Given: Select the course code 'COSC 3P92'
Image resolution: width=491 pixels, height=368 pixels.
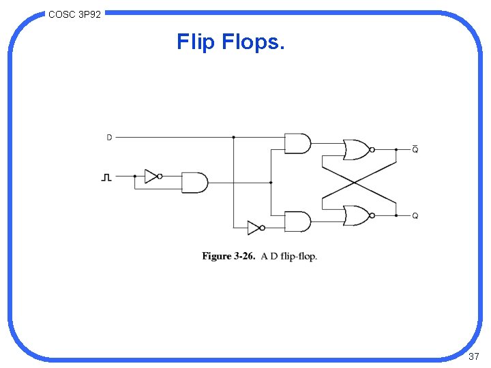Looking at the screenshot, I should pyautogui.click(x=75, y=14).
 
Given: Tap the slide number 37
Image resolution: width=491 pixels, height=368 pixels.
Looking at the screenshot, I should pyautogui.click(x=474, y=357).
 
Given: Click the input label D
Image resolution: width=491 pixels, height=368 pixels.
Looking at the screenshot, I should pyautogui.click(x=109, y=138).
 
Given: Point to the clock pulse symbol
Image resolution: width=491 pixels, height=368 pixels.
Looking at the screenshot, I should pyautogui.click(x=106, y=177).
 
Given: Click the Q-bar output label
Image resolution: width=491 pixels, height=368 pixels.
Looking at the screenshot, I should pyautogui.click(x=415, y=149).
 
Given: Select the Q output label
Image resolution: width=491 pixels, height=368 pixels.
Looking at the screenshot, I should pyautogui.click(x=415, y=216).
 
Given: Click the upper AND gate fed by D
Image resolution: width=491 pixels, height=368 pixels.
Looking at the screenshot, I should pyautogui.click(x=297, y=143).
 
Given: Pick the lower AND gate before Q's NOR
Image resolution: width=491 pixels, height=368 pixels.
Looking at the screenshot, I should pyautogui.click(x=297, y=221).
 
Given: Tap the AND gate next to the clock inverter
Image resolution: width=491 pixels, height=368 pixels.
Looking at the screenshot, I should pyautogui.click(x=194, y=183).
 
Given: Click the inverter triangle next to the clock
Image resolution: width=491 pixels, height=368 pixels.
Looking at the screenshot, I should pyautogui.click(x=151, y=177).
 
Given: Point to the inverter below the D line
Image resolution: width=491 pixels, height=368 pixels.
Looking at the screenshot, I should pyautogui.click(x=254, y=228).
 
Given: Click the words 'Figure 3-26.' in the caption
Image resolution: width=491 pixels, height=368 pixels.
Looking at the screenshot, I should pyautogui.click(x=228, y=256).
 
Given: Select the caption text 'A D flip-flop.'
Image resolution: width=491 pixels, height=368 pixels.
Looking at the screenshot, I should pyautogui.click(x=289, y=256).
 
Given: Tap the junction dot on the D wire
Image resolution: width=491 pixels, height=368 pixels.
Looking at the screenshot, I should pyautogui.click(x=233, y=137).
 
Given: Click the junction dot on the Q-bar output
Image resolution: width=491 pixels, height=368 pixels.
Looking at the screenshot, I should pyautogui.click(x=396, y=149).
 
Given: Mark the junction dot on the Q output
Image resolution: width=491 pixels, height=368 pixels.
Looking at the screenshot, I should pyautogui.click(x=396, y=216).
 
